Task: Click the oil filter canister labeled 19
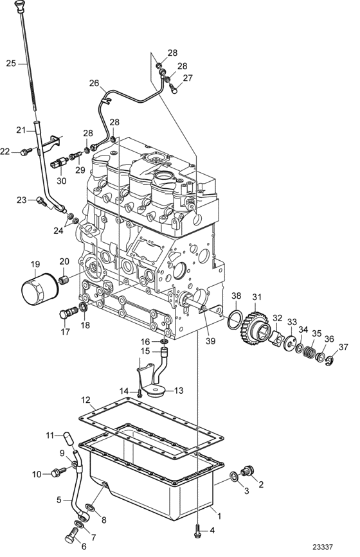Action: click(39, 288)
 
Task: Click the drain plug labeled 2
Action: click(248, 470)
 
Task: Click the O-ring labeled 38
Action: click(235, 319)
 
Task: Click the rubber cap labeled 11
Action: click(69, 438)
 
